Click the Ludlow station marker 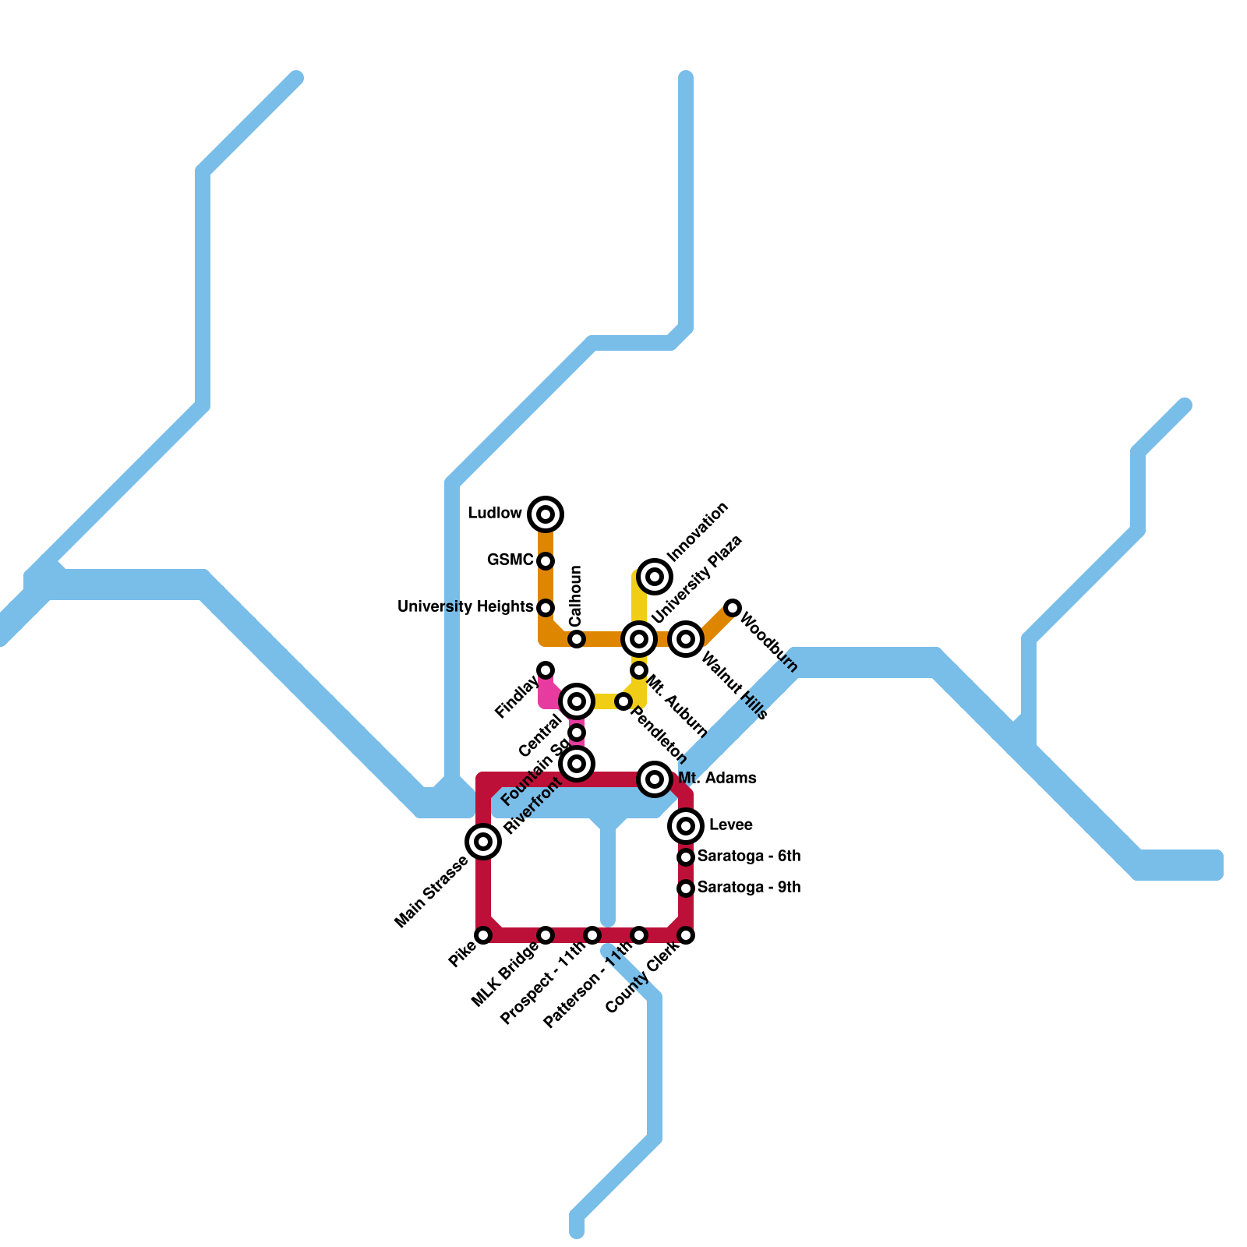[x=546, y=514]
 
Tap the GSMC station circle [x=546, y=561]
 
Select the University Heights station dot [x=546, y=608]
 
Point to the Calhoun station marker [x=577, y=639]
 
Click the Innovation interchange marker [x=655, y=577]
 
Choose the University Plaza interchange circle [x=639, y=639]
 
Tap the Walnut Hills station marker [x=686, y=639]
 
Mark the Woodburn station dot [x=733, y=608]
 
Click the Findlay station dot [x=546, y=670]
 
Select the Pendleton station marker [x=623, y=701]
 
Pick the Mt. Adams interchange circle [x=655, y=779]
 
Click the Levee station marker [x=686, y=826]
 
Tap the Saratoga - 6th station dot [x=686, y=857]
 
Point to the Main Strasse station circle [x=483, y=842]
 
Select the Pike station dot [x=483, y=935]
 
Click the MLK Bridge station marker [x=546, y=935]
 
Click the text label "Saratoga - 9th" [x=749, y=888]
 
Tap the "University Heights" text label [x=465, y=607]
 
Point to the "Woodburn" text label [x=768, y=643]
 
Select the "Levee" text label [x=730, y=825]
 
